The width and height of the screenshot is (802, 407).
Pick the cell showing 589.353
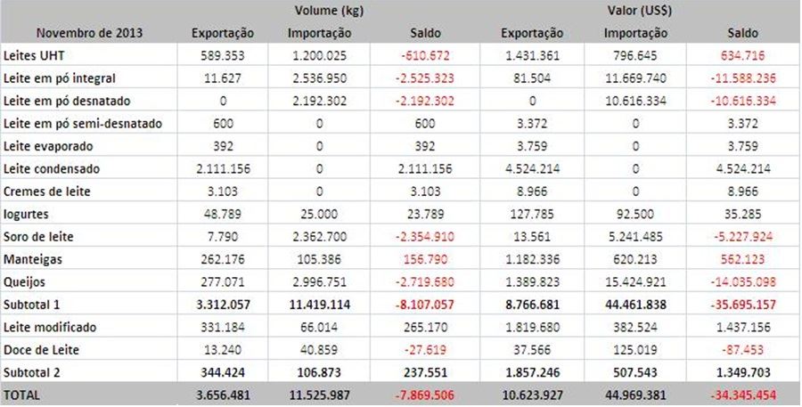click(223, 56)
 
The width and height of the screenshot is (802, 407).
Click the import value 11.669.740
click(634, 78)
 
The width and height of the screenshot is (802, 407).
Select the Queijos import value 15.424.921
click(634, 281)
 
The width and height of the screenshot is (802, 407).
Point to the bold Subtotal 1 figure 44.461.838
click(634, 304)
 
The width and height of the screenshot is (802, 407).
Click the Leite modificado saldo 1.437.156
click(741, 326)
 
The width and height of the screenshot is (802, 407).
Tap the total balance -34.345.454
click(741, 393)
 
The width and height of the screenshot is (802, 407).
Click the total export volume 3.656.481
click(223, 393)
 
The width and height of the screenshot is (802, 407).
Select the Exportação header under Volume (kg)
click(223, 34)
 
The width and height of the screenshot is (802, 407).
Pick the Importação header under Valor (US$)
click(634, 34)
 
